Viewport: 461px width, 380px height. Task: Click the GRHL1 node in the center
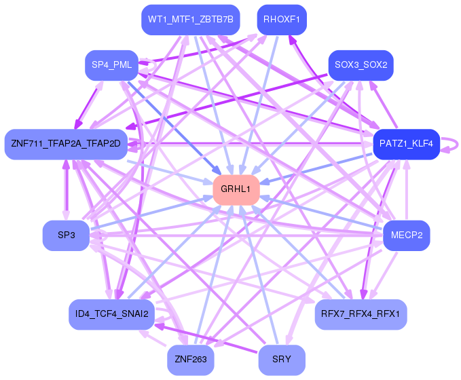(236, 189)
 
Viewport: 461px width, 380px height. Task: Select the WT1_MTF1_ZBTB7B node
(191, 20)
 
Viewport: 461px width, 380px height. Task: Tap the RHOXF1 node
(282, 20)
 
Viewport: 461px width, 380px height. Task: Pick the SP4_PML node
(111, 65)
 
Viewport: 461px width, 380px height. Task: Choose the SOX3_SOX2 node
(361, 65)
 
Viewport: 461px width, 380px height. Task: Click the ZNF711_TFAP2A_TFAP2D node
(66, 144)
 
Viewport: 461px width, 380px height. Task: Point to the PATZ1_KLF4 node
(406, 144)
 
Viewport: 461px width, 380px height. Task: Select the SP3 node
(66, 235)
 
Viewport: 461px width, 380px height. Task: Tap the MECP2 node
(406, 235)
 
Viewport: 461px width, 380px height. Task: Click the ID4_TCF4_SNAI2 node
(111, 314)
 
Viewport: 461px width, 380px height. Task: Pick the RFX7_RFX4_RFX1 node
(361, 314)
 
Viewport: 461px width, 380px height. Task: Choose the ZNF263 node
(191, 360)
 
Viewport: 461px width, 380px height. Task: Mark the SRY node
(282, 360)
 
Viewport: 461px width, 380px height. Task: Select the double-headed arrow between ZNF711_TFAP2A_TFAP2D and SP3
(66, 190)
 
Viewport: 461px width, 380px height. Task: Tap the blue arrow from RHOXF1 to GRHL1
(259, 105)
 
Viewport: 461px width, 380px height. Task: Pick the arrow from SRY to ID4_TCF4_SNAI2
(206, 339)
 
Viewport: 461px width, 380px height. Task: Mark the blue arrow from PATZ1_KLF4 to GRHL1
(316, 168)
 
